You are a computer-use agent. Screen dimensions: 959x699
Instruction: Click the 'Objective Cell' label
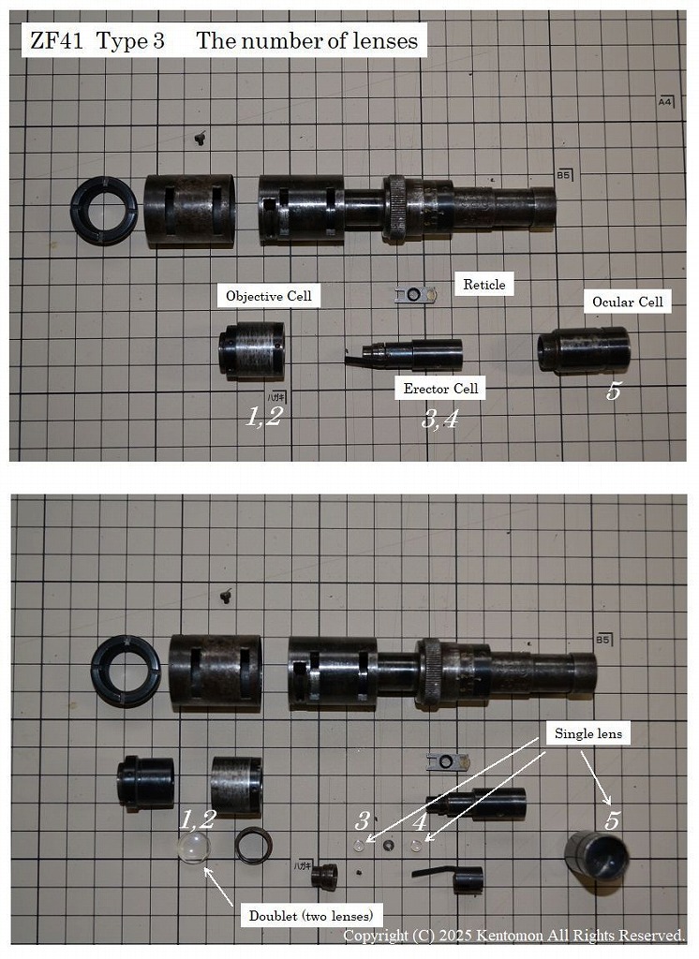(x=271, y=297)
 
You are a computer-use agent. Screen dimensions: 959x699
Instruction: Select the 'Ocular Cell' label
(x=627, y=302)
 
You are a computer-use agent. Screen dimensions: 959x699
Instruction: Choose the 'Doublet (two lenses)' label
(x=310, y=915)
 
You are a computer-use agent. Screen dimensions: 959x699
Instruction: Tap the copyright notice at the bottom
(x=513, y=936)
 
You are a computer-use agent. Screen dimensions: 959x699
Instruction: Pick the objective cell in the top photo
(x=251, y=350)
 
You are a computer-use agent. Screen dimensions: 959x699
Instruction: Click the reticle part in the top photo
(x=416, y=296)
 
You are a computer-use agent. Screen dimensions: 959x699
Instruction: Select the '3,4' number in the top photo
(x=439, y=419)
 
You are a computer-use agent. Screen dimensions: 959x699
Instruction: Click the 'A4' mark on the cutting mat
(x=666, y=101)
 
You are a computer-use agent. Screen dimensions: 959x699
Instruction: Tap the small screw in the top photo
(x=199, y=138)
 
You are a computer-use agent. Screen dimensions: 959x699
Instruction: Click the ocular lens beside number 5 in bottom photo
(x=596, y=855)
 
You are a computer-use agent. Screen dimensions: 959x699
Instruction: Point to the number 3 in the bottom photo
(x=363, y=821)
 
